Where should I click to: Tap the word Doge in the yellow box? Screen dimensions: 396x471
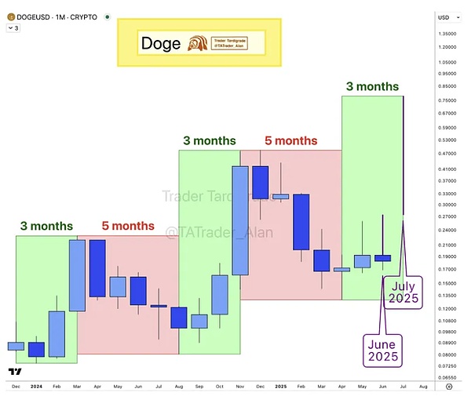(160, 44)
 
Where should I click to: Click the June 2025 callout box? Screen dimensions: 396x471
(382, 350)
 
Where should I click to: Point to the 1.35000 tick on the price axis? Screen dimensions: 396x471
(449, 34)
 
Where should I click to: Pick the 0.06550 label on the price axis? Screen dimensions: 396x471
(449, 378)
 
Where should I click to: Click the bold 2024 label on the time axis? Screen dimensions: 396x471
(36, 387)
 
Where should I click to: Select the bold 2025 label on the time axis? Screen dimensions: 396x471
(281, 387)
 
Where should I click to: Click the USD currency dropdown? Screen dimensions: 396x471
(445, 16)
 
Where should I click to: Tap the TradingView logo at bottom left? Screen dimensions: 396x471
(13, 371)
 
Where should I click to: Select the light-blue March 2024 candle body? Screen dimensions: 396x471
(77, 274)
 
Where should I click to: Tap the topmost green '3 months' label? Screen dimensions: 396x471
(372, 86)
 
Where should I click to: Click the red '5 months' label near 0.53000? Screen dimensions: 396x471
(290, 141)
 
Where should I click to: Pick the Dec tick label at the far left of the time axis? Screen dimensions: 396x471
(16, 387)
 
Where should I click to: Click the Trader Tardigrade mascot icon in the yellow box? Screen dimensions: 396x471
(199, 44)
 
